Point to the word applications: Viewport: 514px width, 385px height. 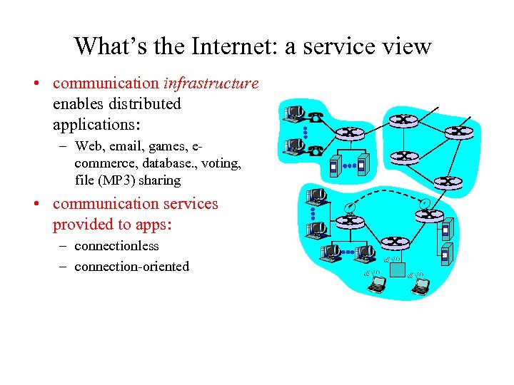96,125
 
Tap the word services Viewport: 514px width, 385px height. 184,204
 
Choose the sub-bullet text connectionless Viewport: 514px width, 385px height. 116,246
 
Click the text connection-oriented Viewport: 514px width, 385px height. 131,267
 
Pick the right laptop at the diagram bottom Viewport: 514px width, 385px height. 422,285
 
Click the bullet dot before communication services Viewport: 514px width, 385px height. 35,205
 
